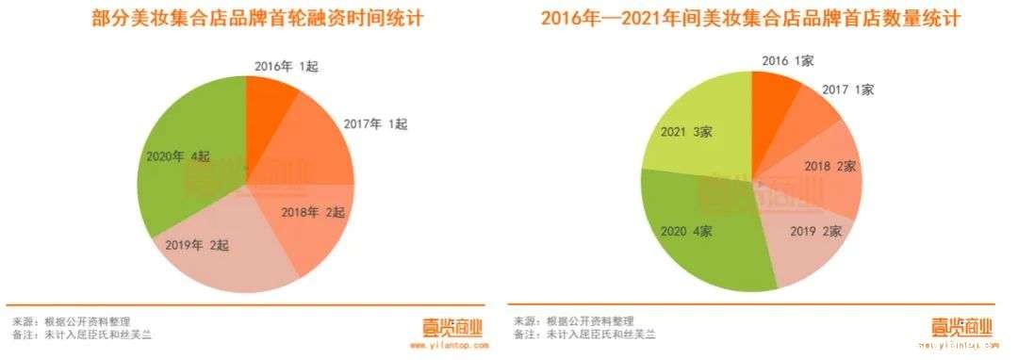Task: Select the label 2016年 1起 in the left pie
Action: (x=287, y=66)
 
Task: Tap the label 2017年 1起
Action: (x=377, y=123)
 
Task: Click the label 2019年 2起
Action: (x=198, y=244)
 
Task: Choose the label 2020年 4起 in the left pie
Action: (x=177, y=157)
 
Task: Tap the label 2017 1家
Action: (x=848, y=90)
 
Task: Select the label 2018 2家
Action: (x=829, y=166)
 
